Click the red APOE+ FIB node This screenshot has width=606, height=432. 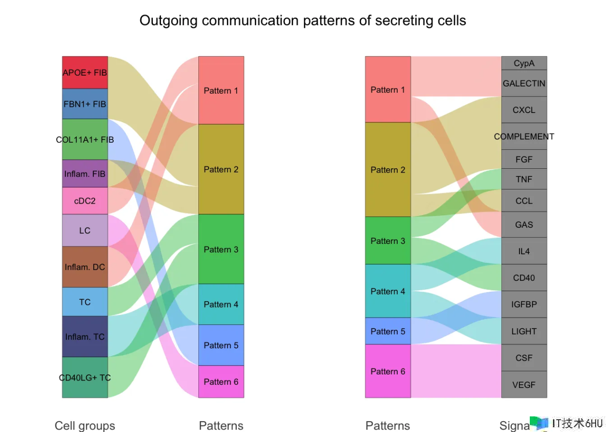[x=85, y=73]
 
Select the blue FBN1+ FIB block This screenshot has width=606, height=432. [x=85, y=104]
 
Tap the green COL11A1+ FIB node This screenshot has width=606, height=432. [x=85, y=139]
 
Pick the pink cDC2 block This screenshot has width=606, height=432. [x=85, y=201]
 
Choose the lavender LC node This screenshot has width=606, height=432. [x=85, y=231]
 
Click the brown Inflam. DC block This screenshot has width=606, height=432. [x=85, y=267]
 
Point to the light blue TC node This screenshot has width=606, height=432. [x=85, y=302]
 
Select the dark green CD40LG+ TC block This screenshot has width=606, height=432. [x=85, y=378]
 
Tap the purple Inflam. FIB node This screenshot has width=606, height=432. [x=85, y=174]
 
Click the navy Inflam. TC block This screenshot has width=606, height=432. [x=85, y=337]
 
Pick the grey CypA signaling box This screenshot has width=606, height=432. [x=524, y=63]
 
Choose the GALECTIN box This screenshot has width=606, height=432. [x=524, y=83]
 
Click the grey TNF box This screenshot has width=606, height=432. [x=524, y=179]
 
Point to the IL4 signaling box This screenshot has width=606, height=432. [x=524, y=251]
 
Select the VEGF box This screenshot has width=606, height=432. [x=524, y=385]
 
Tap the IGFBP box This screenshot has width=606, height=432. [x=524, y=304]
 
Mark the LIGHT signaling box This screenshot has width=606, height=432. [x=524, y=331]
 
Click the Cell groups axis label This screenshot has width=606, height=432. [x=85, y=425]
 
